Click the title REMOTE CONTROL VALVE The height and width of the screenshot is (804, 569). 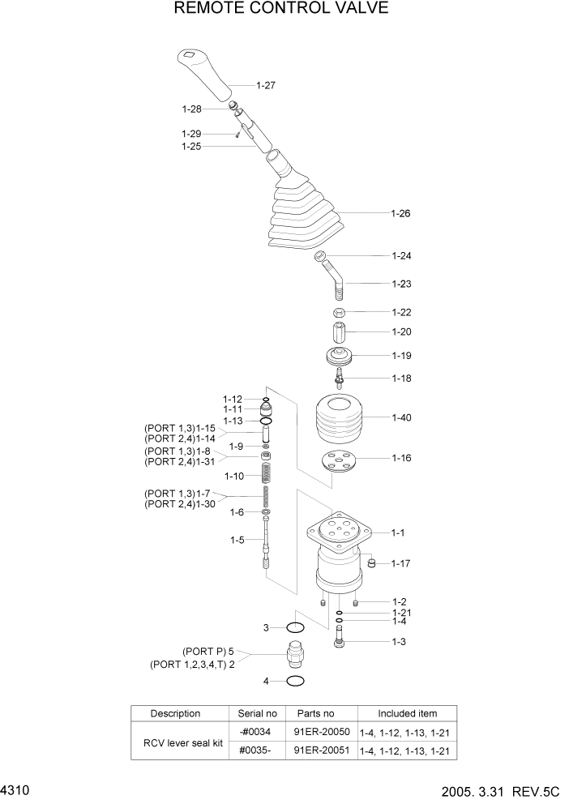click(x=281, y=9)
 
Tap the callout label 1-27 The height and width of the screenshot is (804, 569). click(x=266, y=85)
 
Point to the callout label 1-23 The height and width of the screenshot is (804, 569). click(x=401, y=284)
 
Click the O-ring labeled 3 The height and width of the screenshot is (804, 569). click(x=295, y=627)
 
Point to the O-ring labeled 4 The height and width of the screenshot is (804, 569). click(x=295, y=681)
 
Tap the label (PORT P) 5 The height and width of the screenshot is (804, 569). click(x=208, y=650)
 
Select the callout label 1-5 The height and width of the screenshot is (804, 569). click(x=237, y=540)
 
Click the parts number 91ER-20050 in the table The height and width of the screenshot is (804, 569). click(x=321, y=731)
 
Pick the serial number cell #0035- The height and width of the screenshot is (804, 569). click(x=258, y=750)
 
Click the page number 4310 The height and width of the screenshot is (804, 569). click(x=15, y=789)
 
